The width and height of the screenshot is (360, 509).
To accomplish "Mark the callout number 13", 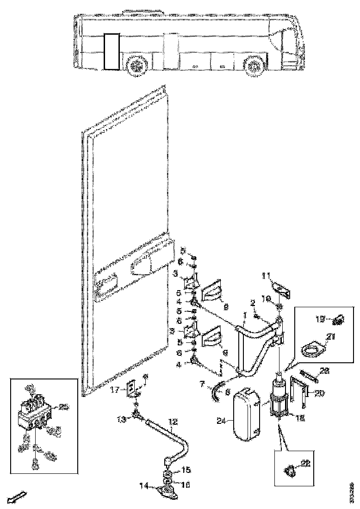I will [122, 419].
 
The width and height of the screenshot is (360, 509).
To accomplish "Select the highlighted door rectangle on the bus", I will [112, 51].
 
